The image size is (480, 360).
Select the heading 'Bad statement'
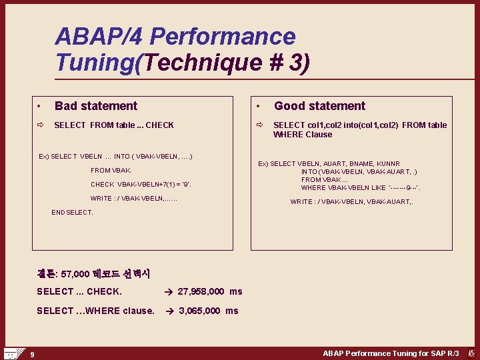coord(96,106)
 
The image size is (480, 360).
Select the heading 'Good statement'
coord(319,106)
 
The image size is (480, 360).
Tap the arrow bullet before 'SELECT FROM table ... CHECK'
coord(40,125)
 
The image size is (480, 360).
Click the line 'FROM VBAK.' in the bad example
coord(111,171)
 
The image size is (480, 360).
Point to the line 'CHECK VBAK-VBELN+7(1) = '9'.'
coord(141,185)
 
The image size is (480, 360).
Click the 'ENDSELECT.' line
coord(72,213)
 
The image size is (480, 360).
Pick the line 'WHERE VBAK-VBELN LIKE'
coord(361,188)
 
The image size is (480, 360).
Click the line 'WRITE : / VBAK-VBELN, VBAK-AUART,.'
coord(351,202)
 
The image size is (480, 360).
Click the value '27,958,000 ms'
coord(209,291)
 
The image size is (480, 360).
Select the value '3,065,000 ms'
coord(208,311)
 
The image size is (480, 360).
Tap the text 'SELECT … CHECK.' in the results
coord(79,291)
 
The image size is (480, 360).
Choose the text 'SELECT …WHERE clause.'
coord(95,311)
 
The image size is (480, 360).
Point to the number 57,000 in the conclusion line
coord(75,274)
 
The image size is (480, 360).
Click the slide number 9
coord(31,354)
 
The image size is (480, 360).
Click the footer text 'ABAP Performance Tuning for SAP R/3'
coord(391,353)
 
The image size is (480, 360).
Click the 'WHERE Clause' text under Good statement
coord(303,135)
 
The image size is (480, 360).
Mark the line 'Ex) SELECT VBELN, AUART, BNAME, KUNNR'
coord(329,163)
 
